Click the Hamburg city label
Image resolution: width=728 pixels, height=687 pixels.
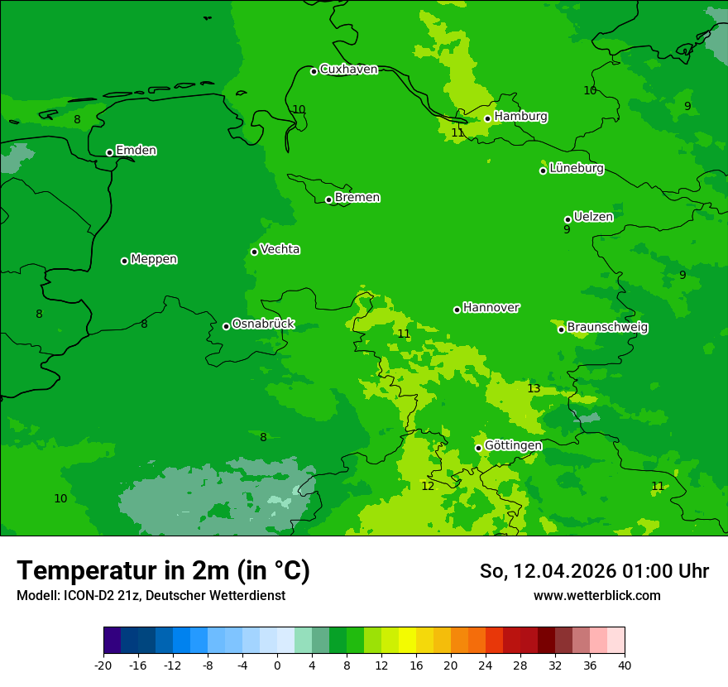coord(520,117)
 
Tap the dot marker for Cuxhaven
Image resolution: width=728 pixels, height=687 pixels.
coord(314,71)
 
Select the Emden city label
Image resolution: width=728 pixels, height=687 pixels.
coord(136,151)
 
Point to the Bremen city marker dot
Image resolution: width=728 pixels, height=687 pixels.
coord(328,199)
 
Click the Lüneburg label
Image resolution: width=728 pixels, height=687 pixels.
coord(576,169)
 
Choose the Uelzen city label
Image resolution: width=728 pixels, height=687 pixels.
coord(593,217)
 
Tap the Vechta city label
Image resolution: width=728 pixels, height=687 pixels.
coord(280,249)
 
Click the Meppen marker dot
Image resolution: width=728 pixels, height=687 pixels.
coord(125,261)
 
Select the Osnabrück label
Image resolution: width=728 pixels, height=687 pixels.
coord(263,324)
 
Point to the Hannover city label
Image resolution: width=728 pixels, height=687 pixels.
coord(491,308)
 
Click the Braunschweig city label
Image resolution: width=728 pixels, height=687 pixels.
coord(607,328)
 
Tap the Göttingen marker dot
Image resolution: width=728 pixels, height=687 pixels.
coord(478,448)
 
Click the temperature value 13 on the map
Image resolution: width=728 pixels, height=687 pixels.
coord(534,389)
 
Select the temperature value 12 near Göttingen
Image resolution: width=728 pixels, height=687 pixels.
coord(428,487)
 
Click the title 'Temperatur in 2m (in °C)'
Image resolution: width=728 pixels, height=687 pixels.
coord(163,571)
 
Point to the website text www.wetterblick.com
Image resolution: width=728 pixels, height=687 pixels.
coord(596,596)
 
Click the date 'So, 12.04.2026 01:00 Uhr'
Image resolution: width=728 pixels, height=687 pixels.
coord(594,571)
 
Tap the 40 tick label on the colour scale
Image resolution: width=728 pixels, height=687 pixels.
coord(624,665)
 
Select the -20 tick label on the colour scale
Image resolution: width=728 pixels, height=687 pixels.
coord(103,665)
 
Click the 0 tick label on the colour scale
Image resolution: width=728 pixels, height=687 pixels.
coord(277,665)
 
